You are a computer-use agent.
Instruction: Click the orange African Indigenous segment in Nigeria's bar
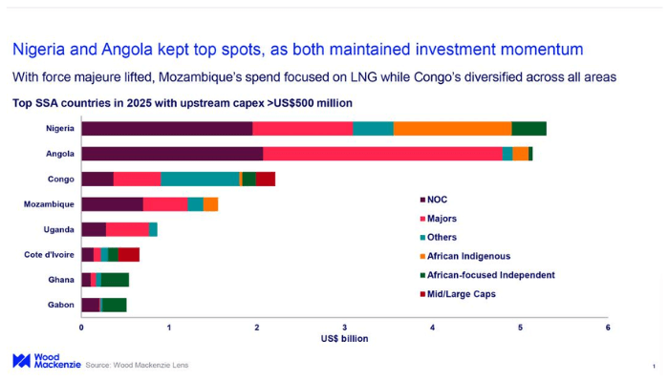tap(452, 129)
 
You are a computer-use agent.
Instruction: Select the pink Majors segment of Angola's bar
tap(382, 154)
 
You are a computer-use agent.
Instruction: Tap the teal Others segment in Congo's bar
tap(200, 179)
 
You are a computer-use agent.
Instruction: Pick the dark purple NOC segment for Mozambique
tap(112, 203)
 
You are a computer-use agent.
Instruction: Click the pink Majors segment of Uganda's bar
tap(127, 229)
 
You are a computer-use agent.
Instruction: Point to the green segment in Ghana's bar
tap(115, 280)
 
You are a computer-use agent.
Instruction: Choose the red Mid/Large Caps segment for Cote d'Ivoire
tap(129, 254)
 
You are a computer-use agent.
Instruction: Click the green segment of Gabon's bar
tap(114, 305)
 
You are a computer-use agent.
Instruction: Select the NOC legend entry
tap(437, 200)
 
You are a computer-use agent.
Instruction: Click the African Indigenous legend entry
tap(468, 256)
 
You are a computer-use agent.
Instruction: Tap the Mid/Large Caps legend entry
tap(461, 293)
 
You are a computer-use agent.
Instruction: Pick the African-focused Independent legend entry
tap(490, 275)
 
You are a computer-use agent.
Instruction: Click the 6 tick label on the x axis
tap(608, 328)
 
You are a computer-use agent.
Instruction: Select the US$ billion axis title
tap(344, 339)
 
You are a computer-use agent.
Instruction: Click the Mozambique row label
tap(50, 204)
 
